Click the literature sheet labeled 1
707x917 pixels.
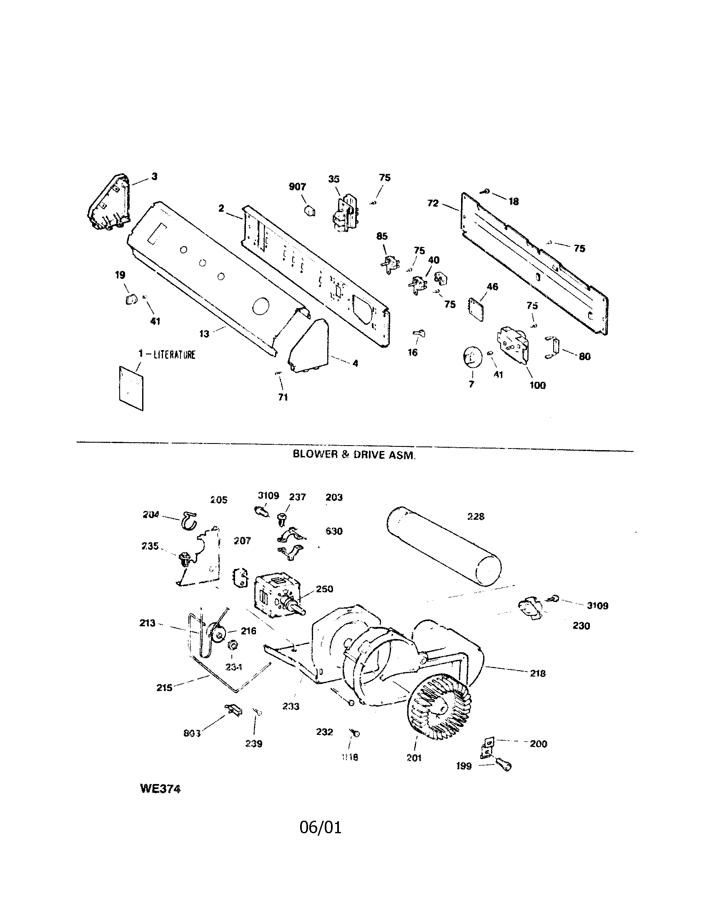point(131,387)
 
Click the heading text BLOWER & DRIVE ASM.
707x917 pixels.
point(354,455)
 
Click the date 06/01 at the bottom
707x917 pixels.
point(320,827)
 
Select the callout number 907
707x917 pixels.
point(297,187)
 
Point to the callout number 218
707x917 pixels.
point(537,673)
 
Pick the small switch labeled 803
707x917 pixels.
point(234,710)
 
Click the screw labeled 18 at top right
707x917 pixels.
point(486,192)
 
